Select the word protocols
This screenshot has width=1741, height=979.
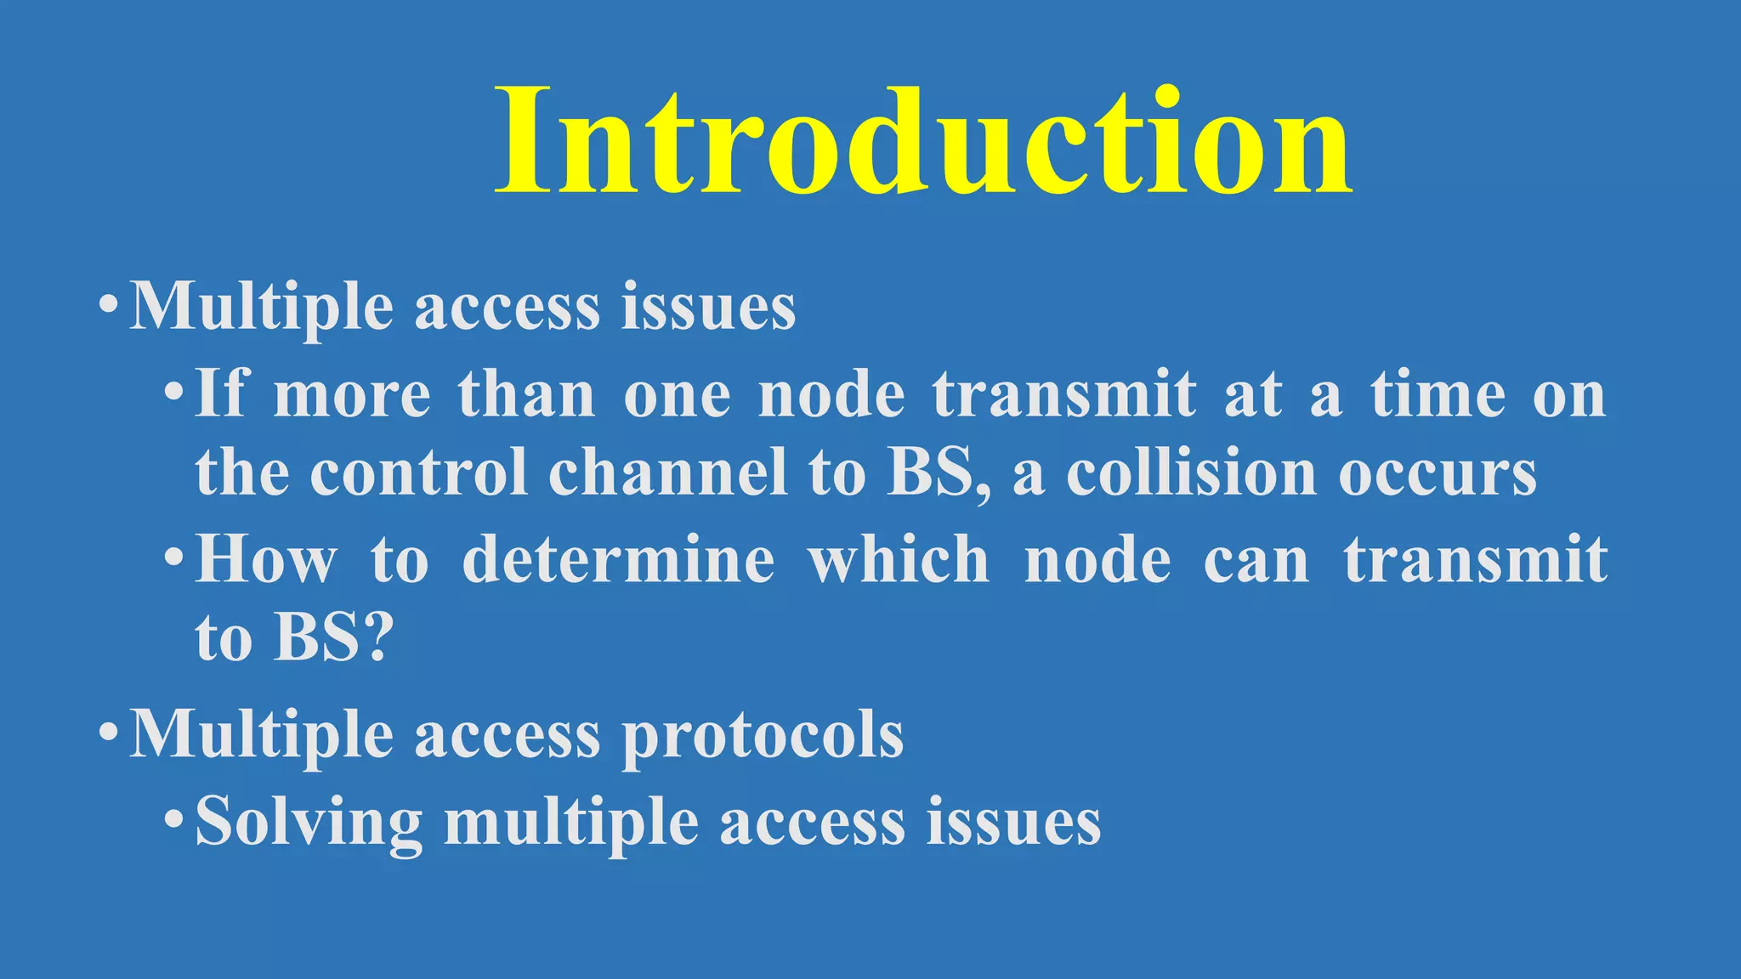pyautogui.click(x=763, y=735)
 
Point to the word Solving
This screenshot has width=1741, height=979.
pyautogui.click(x=309, y=822)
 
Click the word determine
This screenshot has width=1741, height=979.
pyautogui.click(x=618, y=560)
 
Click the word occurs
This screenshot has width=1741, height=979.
pyautogui.click(x=1438, y=474)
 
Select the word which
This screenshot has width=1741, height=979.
pyautogui.click(x=899, y=560)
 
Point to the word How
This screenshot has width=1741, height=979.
pyautogui.click(x=266, y=560)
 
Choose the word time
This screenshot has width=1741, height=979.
pyautogui.click(x=1438, y=395)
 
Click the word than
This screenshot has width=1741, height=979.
pyautogui.click(x=526, y=395)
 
